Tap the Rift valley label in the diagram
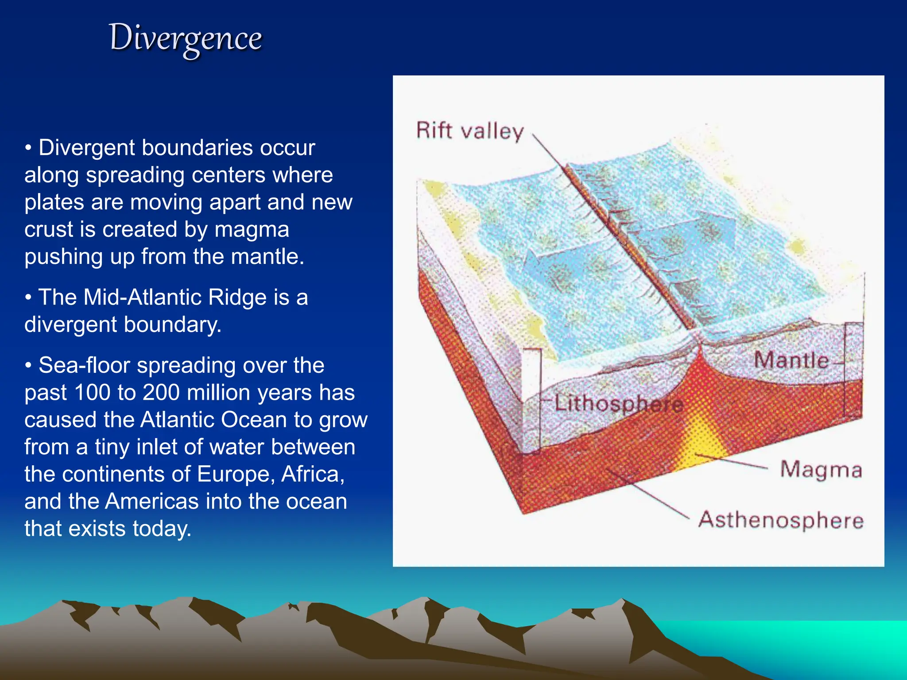(x=470, y=131)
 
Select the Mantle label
(x=791, y=360)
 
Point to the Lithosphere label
(x=619, y=404)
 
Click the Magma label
(x=821, y=470)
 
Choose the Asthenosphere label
(x=781, y=520)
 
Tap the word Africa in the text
(x=313, y=474)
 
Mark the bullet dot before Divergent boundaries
(x=28, y=148)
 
